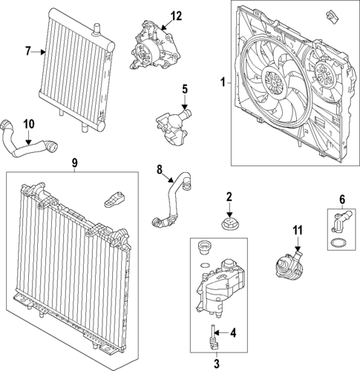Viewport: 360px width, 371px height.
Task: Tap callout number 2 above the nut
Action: point(229,197)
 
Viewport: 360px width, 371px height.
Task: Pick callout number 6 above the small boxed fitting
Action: point(342,198)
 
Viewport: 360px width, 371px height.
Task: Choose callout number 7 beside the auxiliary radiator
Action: point(27,51)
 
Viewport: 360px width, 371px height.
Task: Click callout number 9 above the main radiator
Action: point(74,162)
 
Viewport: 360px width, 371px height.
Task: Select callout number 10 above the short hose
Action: point(29,123)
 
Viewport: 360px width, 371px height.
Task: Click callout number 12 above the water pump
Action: point(175,16)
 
